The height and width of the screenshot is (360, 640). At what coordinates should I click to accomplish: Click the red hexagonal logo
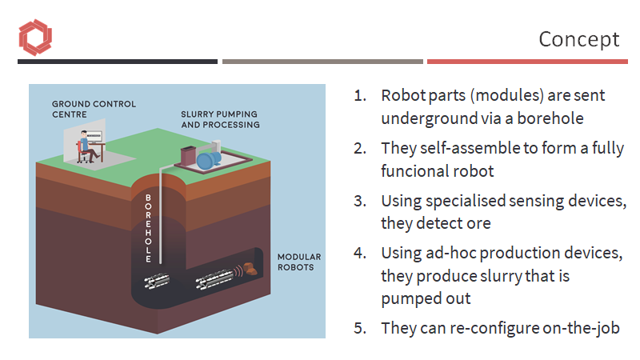[34, 38]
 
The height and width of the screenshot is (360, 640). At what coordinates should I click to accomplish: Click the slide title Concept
[578, 38]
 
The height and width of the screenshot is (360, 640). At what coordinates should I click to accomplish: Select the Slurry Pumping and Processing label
[220, 119]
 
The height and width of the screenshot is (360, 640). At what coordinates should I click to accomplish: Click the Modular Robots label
[298, 262]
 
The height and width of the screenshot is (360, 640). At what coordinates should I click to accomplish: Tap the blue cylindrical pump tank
[211, 158]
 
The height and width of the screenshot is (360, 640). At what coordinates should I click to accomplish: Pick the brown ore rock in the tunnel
[252, 270]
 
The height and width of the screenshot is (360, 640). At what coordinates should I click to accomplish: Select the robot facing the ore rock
[214, 278]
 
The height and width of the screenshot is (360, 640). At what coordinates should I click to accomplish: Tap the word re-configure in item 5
[490, 328]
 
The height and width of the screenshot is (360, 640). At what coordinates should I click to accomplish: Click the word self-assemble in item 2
[462, 149]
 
